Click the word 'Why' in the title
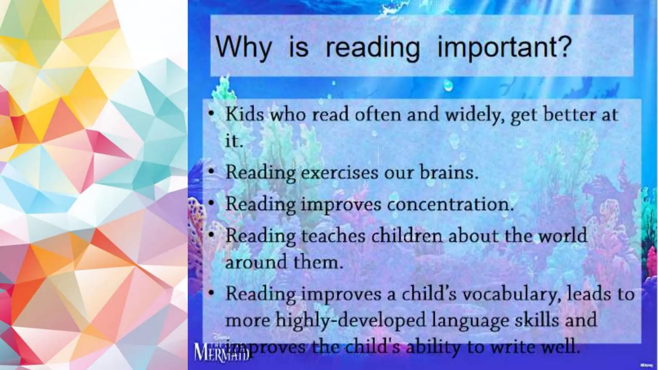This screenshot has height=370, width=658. click(244, 48)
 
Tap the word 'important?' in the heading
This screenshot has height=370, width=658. click(504, 48)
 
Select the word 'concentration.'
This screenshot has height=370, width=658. click(450, 204)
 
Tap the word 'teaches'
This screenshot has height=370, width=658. click(333, 235)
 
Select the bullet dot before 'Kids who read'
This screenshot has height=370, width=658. click(211, 114)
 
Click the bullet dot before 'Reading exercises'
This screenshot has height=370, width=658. click(211, 172)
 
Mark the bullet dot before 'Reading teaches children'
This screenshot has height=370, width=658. click(211, 235)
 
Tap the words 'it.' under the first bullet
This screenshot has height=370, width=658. click(233, 141)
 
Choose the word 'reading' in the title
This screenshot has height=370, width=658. click(373, 48)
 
